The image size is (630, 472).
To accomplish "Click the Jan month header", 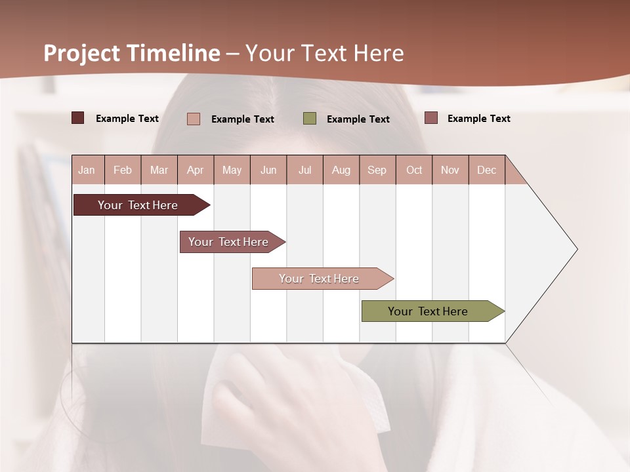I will pos(87,170).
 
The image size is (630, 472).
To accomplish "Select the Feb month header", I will pos(123,170).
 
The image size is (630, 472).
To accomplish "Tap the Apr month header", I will pos(195,170).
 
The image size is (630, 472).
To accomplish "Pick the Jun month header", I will pos(268,170).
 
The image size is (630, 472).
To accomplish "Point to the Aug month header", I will pos(341,170).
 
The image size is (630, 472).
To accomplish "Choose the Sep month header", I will pos(377,170).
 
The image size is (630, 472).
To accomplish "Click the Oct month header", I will pos(414,170).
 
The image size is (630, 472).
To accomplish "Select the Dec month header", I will pos(486,170).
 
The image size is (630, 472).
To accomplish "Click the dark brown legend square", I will pos(78,118).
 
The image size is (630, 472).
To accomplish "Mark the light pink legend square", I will pos(194,119).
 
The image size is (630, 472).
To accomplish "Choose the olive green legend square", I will pos(310,119).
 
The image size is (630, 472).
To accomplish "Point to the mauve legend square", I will pos(431,118).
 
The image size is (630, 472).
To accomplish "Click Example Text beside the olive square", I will pos(358,119).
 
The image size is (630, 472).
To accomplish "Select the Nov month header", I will pos(450,170).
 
